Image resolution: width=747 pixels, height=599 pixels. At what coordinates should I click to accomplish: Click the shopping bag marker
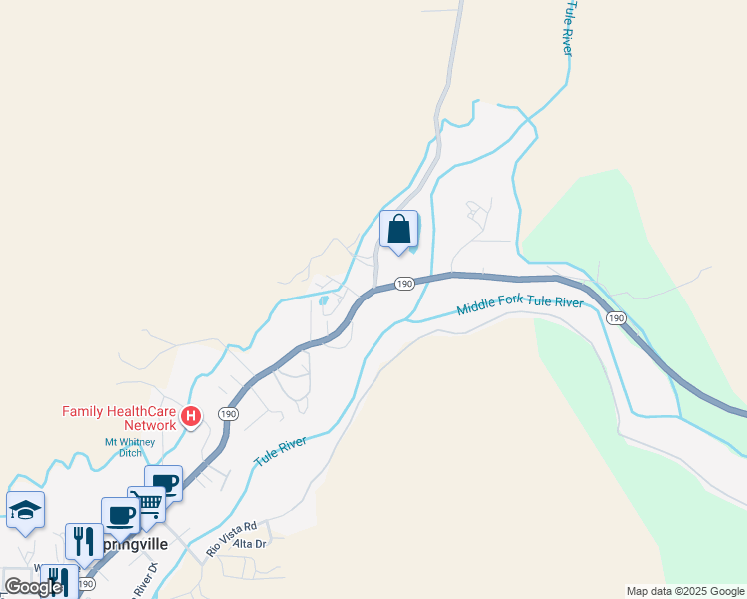(x=399, y=229)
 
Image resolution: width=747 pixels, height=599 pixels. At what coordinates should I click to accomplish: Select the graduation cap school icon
(x=25, y=511)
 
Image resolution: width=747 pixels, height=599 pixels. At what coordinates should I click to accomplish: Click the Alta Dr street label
(x=249, y=543)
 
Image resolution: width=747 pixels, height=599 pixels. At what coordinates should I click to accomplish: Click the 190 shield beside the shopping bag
(x=403, y=284)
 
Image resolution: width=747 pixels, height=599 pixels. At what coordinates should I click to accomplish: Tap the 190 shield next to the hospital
(x=229, y=414)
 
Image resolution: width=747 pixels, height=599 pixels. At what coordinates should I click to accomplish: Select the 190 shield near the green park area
(x=616, y=318)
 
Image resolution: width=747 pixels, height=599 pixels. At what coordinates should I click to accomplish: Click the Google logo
(x=33, y=587)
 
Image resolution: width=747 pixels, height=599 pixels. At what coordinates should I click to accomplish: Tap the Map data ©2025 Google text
(x=685, y=591)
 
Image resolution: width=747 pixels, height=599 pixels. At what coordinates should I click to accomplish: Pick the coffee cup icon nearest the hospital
(x=163, y=483)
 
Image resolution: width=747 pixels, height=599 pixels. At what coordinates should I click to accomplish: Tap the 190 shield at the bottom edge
(x=85, y=584)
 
